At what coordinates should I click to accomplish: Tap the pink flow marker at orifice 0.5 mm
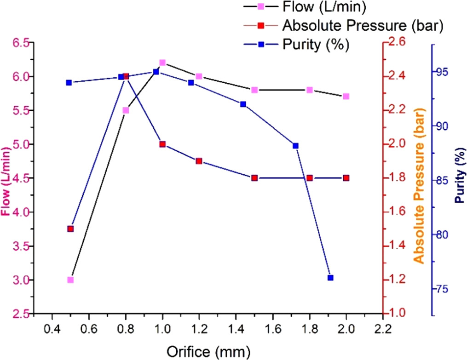pos(70,280)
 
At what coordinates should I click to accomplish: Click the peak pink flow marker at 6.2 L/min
pos(162,63)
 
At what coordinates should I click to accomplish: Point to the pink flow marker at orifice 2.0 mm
pos(346,97)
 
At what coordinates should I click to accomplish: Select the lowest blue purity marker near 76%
pos(330,278)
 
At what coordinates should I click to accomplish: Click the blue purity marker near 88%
pos(295,146)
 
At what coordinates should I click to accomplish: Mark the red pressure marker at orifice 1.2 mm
pos(199,161)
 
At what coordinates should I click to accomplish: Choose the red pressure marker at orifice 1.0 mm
pos(162,144)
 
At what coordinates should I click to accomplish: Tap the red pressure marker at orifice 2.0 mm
pos(346,178)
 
